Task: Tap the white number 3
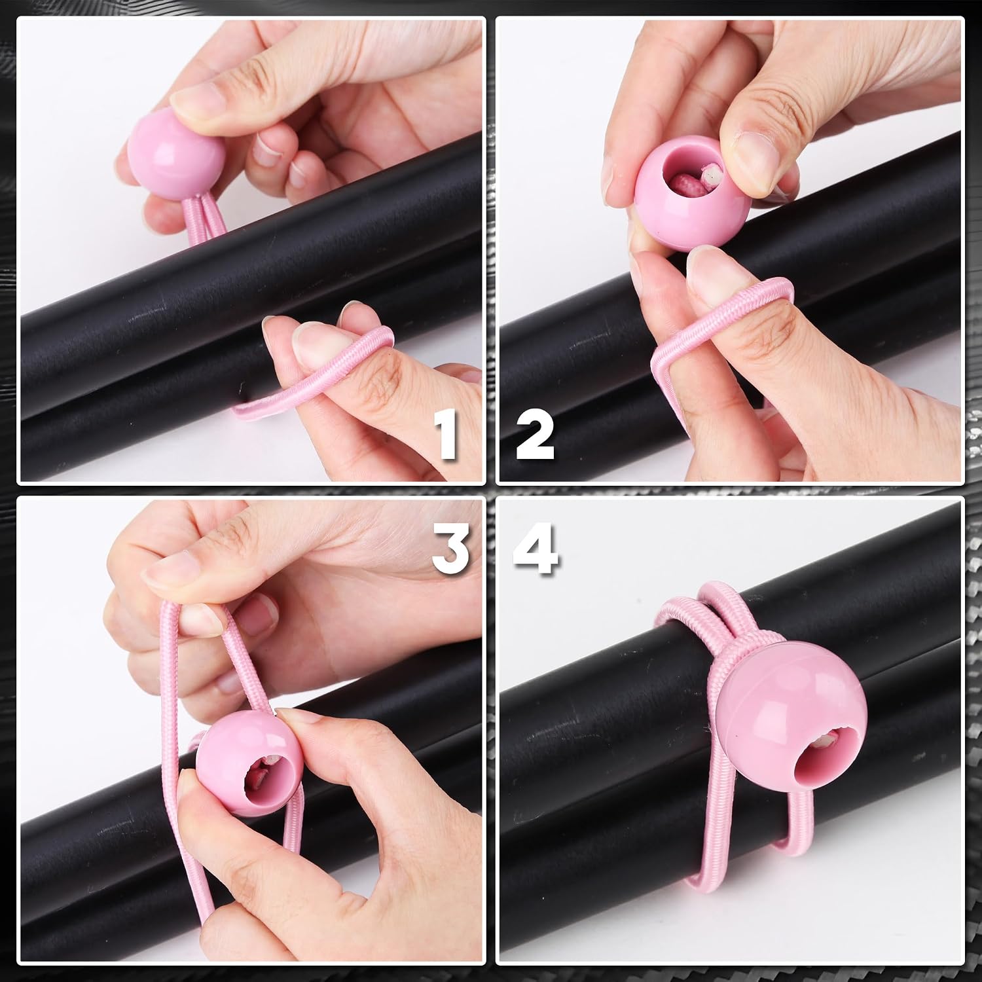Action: (451, 549)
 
